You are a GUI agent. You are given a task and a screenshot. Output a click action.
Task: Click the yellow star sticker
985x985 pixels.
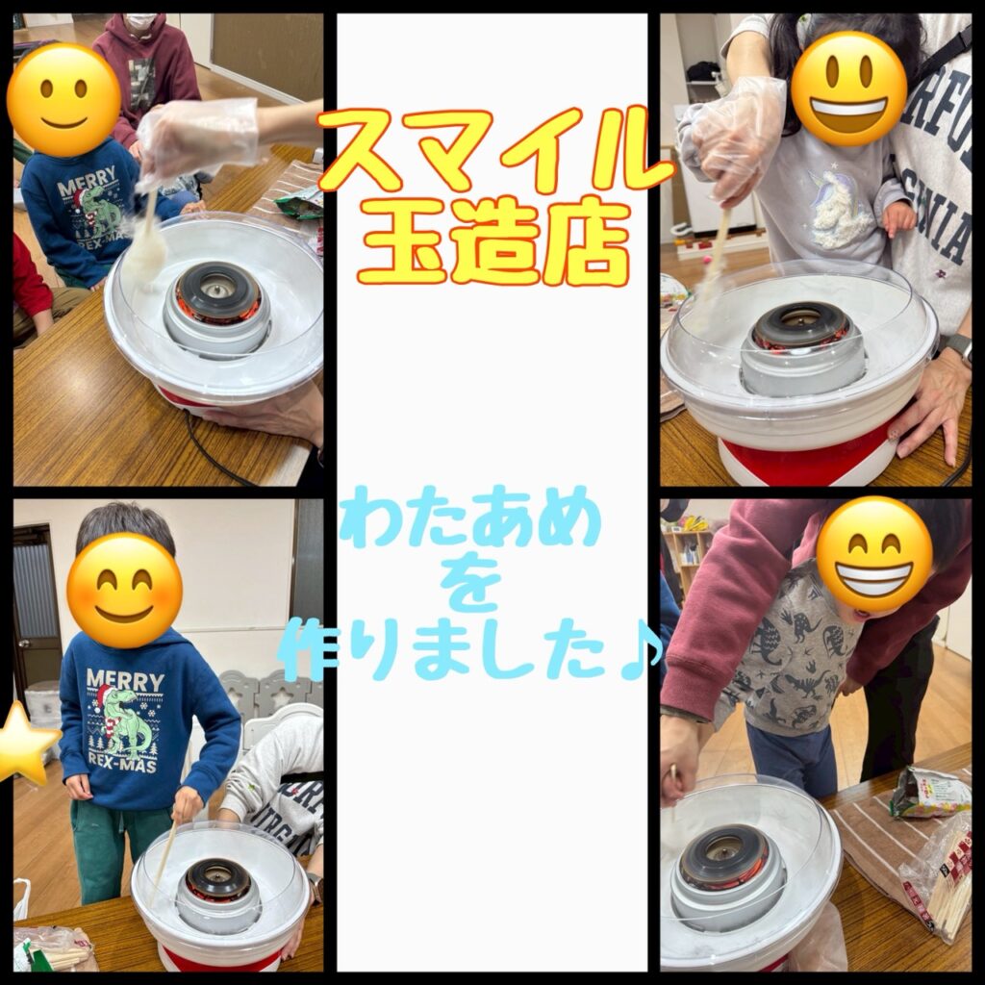[25, 745]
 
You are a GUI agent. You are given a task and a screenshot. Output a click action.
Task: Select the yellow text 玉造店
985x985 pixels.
[494, 241]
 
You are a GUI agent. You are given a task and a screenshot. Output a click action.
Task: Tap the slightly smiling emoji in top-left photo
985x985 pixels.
[64, 100]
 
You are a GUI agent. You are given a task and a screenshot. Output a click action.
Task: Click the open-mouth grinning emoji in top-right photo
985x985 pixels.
[849, 88]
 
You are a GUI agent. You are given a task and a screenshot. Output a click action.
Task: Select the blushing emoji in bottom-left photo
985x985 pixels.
[124, 591]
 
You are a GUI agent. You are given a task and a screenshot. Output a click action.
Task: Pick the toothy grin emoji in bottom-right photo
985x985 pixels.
[873, 555]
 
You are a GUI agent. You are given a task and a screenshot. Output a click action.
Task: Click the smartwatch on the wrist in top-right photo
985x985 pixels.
[959, 348]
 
